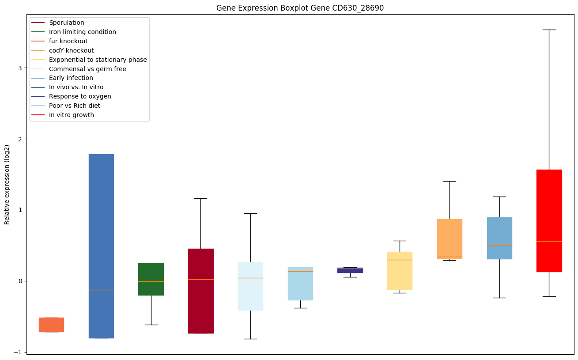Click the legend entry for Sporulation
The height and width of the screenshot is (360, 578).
[67, 23]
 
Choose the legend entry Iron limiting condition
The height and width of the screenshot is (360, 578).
[83, 32]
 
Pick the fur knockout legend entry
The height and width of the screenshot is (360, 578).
[68, 41]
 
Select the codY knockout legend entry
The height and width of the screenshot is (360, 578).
[72, 50]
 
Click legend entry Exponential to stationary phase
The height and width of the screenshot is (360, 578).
[98, 60]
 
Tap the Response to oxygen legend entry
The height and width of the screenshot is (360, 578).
[80, 96]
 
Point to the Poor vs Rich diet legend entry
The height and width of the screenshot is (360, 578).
[75, 106]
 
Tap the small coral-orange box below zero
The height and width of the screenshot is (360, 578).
[51, 325]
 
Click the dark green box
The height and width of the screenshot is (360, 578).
[151, 279]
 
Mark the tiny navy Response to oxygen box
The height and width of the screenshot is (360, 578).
[350, 270]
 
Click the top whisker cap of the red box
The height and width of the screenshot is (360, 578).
[549, 30]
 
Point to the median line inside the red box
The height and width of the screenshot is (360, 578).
[549, 241]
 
